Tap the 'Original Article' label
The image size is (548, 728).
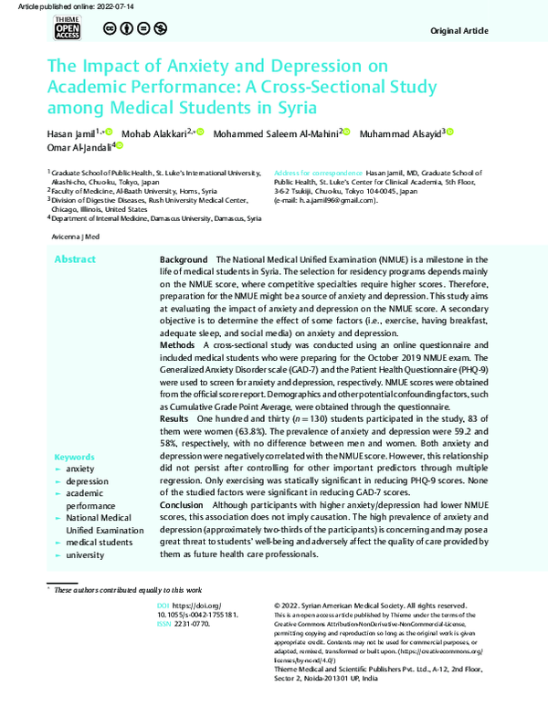point(462,31)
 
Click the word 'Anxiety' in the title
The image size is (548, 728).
point(191,67)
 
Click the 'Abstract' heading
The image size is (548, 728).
point(74,260)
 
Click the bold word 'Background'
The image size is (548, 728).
point(185,260)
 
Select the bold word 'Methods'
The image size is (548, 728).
point(177,347)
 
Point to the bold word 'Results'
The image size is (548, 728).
point(175,417)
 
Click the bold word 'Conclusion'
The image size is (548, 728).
point(183,504)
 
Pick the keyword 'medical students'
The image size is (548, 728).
point(99,542)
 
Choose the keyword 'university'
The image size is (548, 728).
point(85,554)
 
